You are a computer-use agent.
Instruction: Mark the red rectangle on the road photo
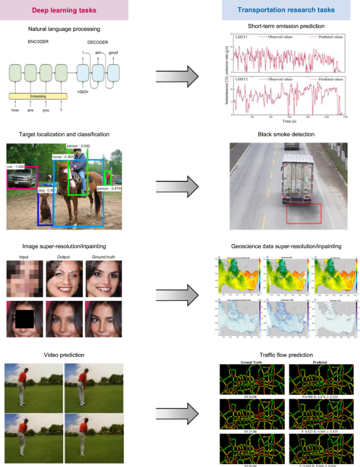pyautogui.click(x=304, y=213)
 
